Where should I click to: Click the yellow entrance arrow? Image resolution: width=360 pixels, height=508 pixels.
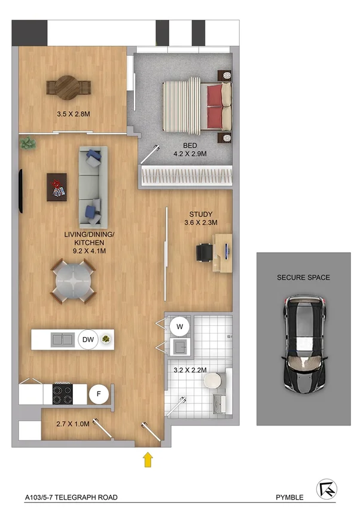[148, 459]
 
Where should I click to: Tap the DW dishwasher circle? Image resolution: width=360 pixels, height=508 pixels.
[88, 339]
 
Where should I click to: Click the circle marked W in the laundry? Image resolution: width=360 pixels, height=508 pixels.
[178, 326]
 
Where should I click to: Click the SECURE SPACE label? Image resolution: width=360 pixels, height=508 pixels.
[303, 277]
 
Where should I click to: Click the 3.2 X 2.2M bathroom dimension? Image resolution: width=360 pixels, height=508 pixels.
[190, 370]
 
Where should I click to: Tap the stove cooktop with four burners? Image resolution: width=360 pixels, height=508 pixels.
[62, 394]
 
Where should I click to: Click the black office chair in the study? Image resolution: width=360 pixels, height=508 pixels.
[205, 252]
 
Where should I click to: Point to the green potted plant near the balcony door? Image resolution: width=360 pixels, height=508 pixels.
[27, 143]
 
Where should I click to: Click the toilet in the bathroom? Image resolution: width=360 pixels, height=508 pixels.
[217, 381]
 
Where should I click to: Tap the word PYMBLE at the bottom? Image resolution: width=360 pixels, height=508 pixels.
[289, 497]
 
